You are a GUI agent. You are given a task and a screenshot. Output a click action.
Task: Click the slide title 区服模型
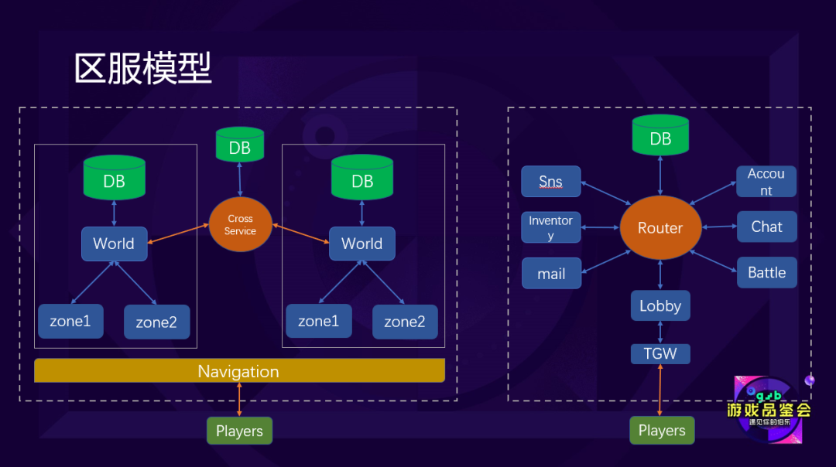click(x=143, y=69)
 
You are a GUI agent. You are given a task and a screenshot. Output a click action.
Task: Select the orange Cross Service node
click(x=240, y=225)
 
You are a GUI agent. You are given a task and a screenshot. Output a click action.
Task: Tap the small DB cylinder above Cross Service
click(x=240, y=145)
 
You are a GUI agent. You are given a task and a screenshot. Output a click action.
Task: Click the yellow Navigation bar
click(x=239, y=371)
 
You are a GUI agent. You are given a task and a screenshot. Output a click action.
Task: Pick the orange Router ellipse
click(x=660, y=228)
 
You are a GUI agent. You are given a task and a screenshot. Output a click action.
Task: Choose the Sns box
click(x=551, y=182)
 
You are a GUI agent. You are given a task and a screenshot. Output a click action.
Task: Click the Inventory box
click(x=551, y=227)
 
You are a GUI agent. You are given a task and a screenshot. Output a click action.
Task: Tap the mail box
click(x=551, y=274)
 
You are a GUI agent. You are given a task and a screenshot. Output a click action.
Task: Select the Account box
click(x=766, y=182)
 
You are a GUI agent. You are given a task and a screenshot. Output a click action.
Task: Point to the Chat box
click(x=766, y=227)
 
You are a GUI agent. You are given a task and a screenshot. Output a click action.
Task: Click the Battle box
click(x=766, y=272)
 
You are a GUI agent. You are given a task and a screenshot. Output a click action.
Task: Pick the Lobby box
click(x=660, y=306)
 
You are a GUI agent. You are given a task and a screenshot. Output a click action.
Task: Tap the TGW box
click(x=660, y=354)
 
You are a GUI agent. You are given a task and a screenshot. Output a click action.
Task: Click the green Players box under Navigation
click(x=239, y=431)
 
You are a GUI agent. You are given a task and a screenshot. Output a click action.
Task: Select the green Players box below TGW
click(x=662, y=431)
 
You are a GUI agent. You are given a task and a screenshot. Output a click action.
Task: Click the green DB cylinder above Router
click(x=660, y=135)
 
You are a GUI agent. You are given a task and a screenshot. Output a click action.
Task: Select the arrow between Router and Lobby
click(x=660, y=274)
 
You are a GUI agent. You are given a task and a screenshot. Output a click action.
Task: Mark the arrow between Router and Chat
click(x=719, y=227)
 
